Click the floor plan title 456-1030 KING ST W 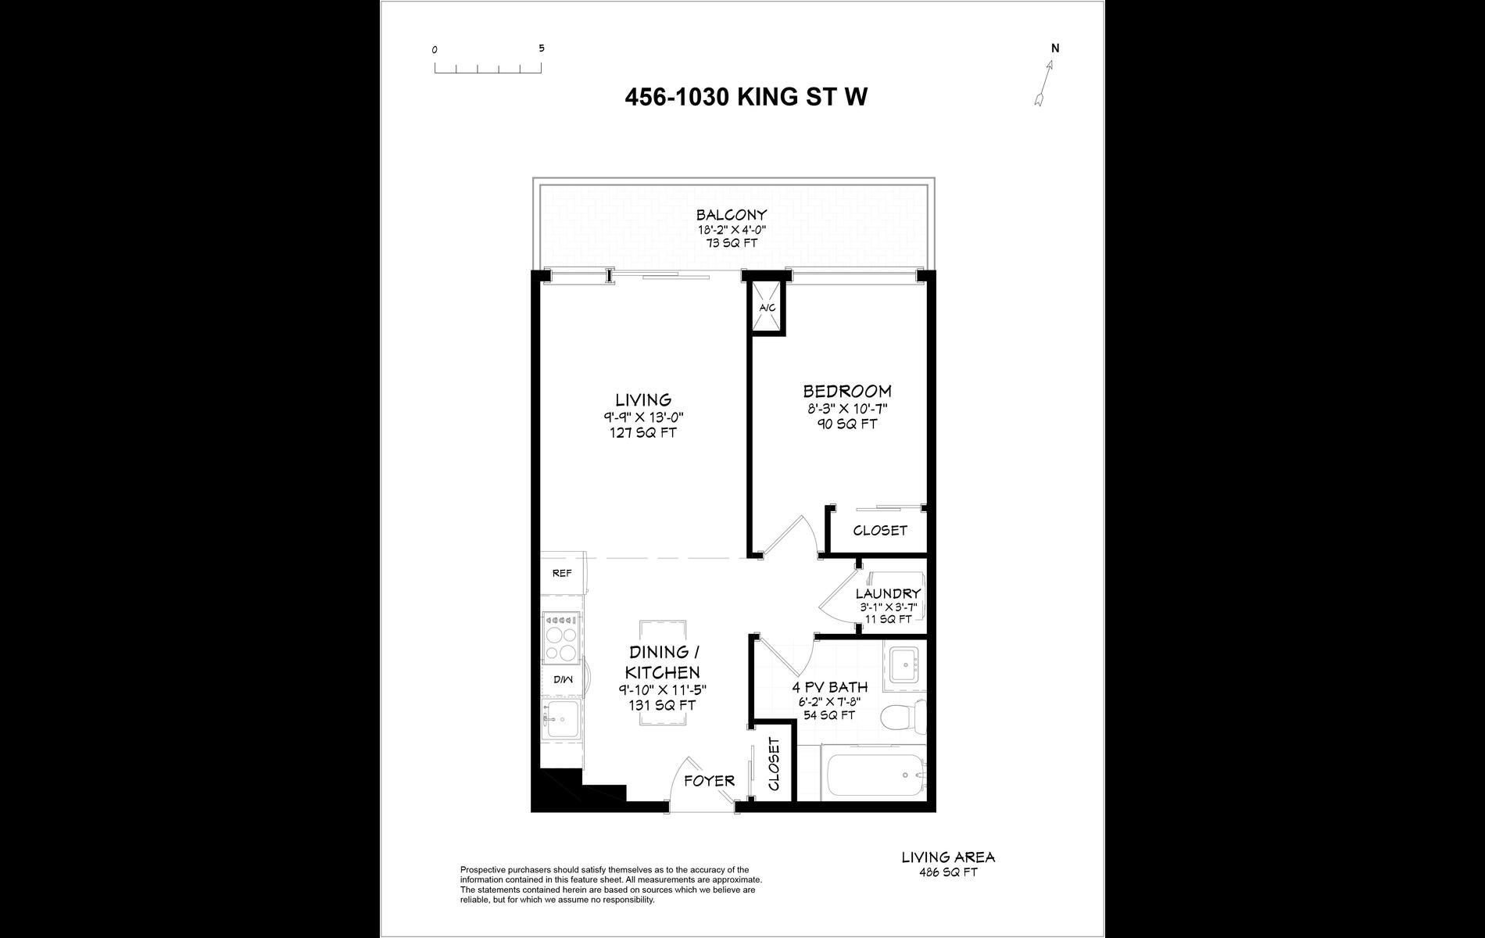point(746,97)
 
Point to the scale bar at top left point(488,68)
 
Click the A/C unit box point(768,307)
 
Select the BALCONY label point(732,215)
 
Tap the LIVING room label point(643,399)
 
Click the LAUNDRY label point(888,594)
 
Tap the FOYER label point(709,780)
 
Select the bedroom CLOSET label point(880,530)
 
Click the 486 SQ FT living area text point(948,872)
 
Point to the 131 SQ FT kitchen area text point(662,705)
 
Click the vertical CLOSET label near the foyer point(774,764)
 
